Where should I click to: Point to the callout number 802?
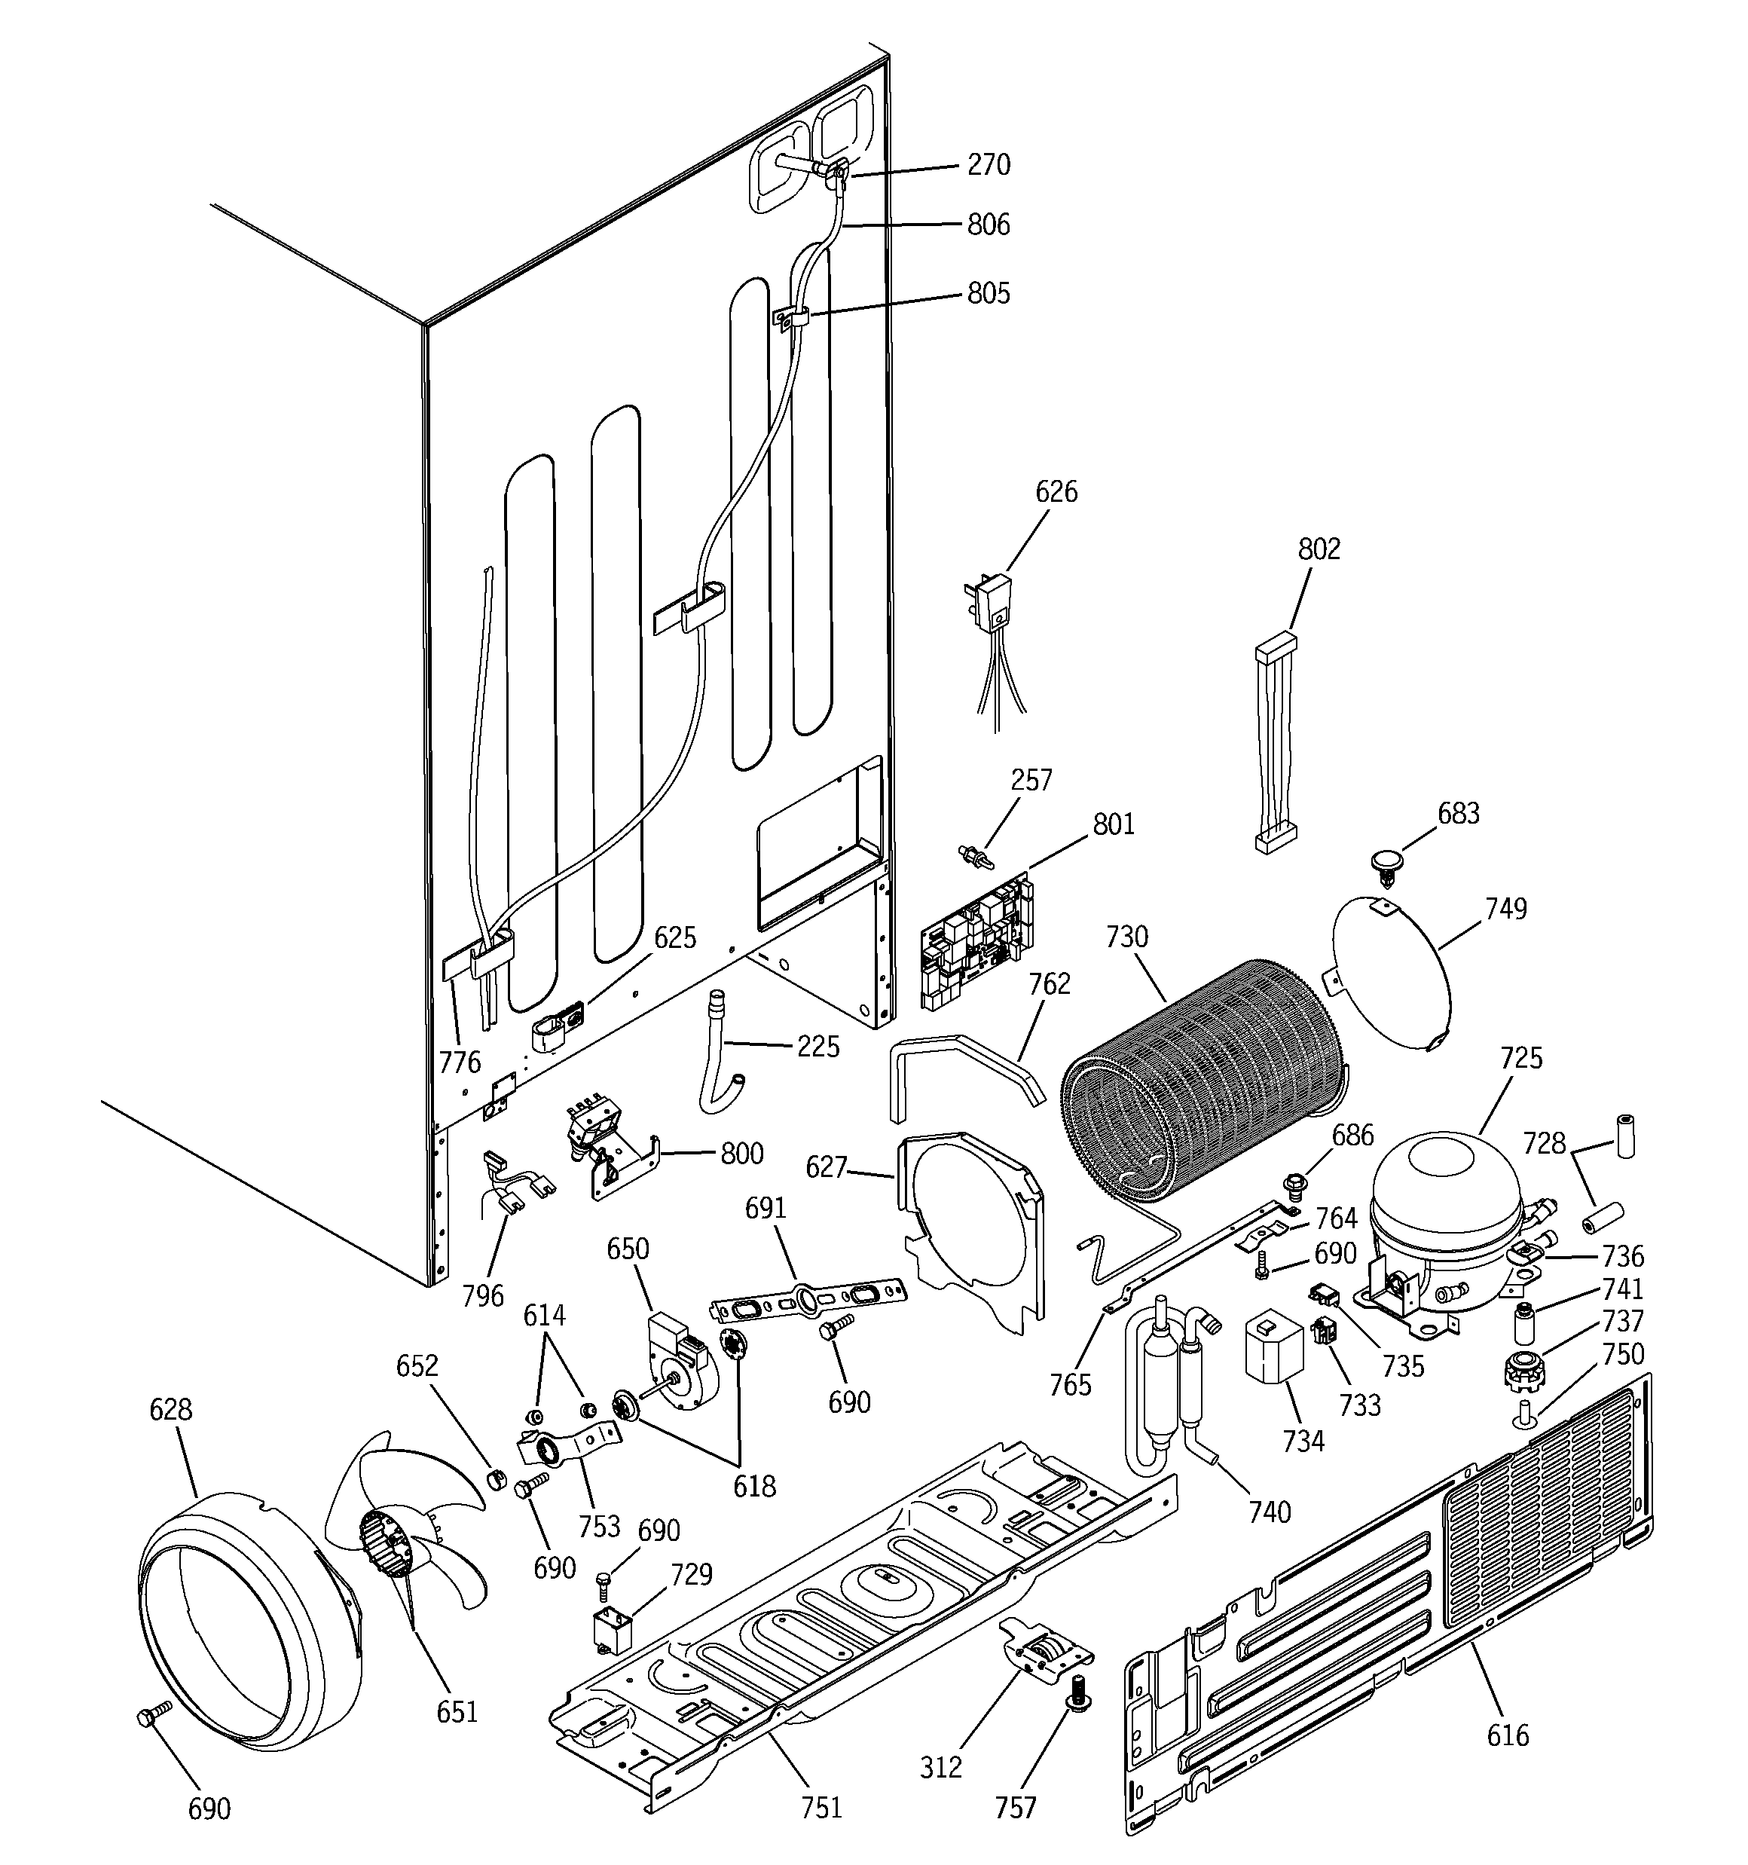point(1319,549)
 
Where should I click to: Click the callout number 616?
point(1508,1735)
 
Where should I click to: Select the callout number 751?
point(821,1808)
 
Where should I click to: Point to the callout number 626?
point(1056,491)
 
